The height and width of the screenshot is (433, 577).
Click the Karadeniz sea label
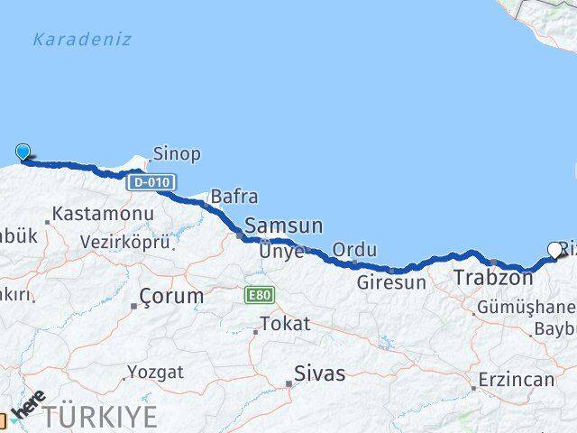coord(81,40)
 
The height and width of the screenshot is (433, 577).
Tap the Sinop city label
coord(177,153)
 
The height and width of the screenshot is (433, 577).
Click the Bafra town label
coord(234,196)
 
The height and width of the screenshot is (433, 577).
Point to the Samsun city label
coord(283,226)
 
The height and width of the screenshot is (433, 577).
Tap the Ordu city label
coord(354,249)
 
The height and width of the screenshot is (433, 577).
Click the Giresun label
coord(390,282)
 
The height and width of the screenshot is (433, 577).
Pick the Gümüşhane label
coord(527,306)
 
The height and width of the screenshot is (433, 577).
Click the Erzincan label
coord(517,379)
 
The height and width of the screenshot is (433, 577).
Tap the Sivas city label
coord(320,373)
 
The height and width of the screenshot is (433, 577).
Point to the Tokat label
coord(284,324)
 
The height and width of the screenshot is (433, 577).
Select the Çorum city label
coord(171,296)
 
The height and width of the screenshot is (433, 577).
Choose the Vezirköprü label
coord(124,243)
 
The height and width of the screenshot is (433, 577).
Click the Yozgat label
coord(154,372)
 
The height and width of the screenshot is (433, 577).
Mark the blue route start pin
coord(23,152)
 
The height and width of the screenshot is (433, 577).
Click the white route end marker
coord(554,250)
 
